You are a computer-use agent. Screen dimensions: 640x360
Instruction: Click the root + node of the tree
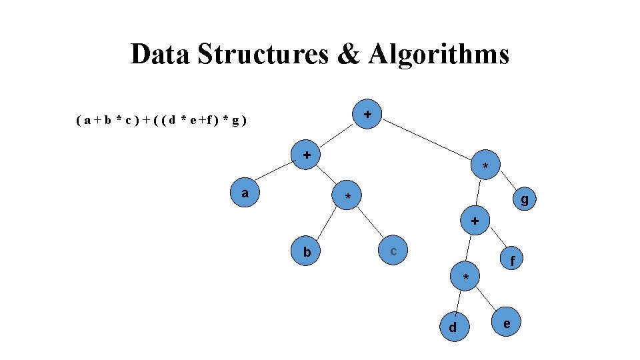367,115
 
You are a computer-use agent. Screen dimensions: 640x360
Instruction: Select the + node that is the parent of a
307,155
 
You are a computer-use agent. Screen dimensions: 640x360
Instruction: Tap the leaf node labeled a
246,193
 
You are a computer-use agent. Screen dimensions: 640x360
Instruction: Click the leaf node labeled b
307,252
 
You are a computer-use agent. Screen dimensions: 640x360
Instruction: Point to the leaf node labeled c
394,251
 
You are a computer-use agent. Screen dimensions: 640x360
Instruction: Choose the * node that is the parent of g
485,165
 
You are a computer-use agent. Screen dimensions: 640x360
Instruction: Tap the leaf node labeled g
525,199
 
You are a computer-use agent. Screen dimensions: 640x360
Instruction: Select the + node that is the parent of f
475,219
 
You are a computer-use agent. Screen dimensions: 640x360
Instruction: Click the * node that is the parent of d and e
466,276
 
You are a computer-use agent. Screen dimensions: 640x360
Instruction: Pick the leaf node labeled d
453,327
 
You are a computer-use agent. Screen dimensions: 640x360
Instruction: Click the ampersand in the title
348,54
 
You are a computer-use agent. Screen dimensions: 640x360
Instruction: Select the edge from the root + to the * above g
427,141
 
